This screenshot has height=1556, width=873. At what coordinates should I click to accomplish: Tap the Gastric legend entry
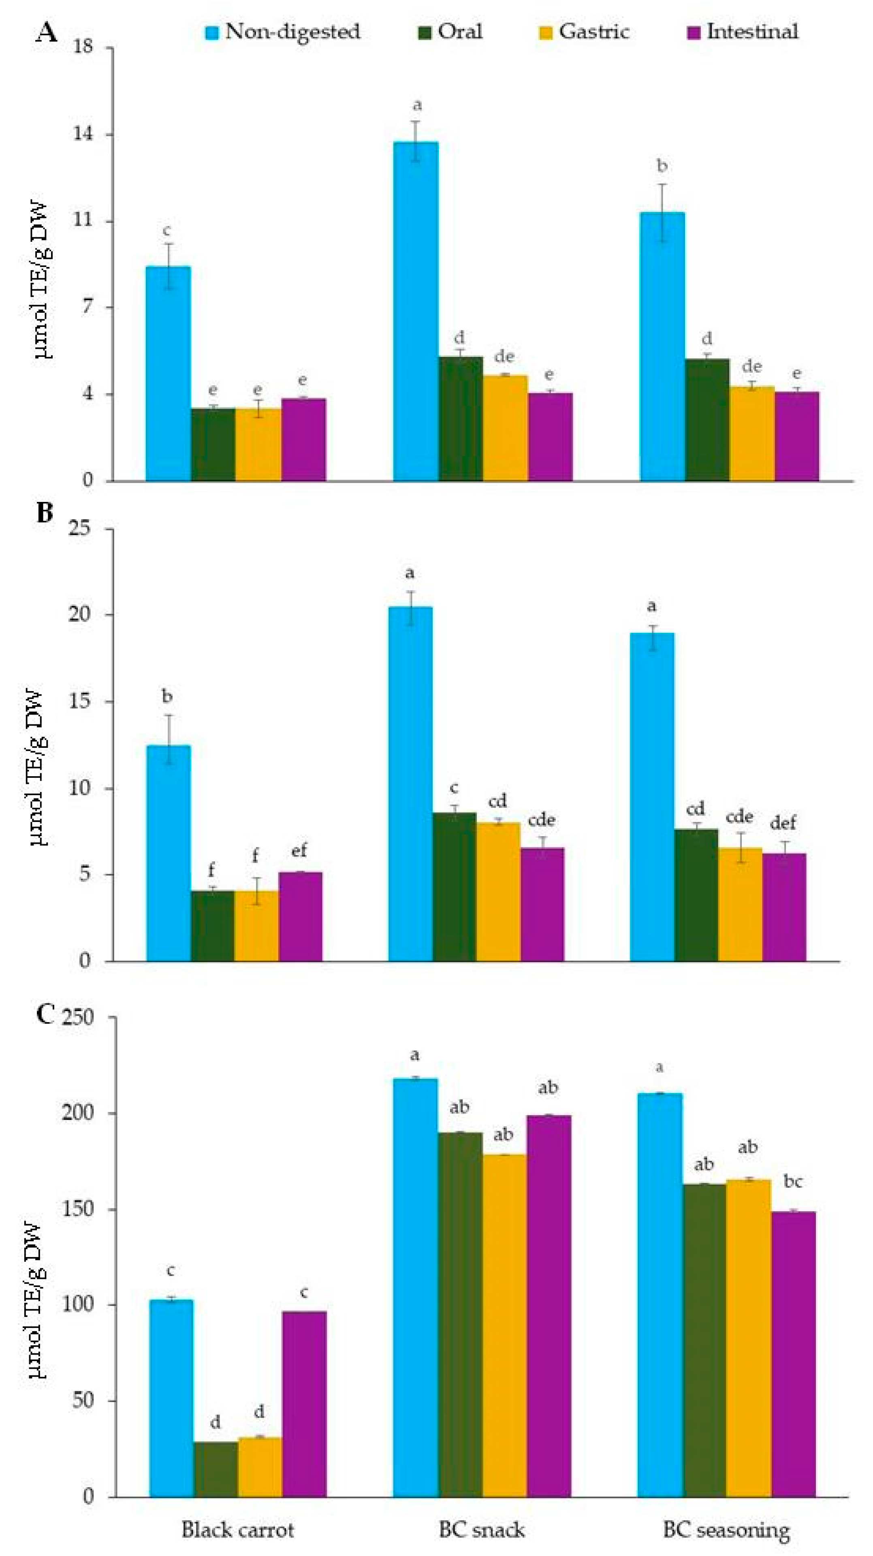coord(584,32)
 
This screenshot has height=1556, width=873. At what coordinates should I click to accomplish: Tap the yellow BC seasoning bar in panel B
coord(740,904)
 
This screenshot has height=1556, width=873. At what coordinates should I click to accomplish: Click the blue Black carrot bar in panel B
coord(169,853)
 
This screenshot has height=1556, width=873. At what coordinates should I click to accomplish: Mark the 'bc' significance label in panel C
coord(793,1182)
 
